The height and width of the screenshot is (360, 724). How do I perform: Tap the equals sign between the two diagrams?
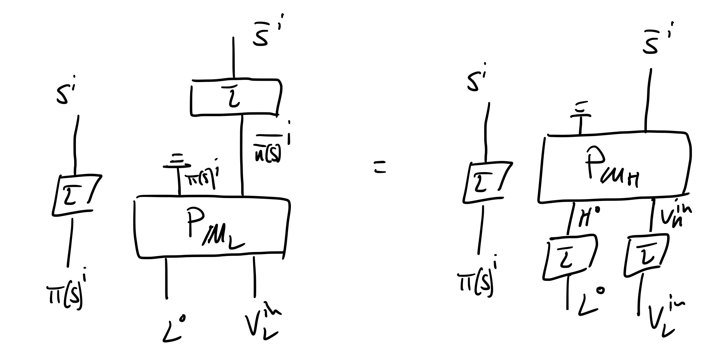[379, 168]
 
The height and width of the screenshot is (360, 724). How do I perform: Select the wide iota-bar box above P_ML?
[235, 97]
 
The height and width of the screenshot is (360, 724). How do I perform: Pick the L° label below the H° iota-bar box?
[590, 302]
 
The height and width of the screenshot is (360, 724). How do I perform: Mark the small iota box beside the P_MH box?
[486, 182]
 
